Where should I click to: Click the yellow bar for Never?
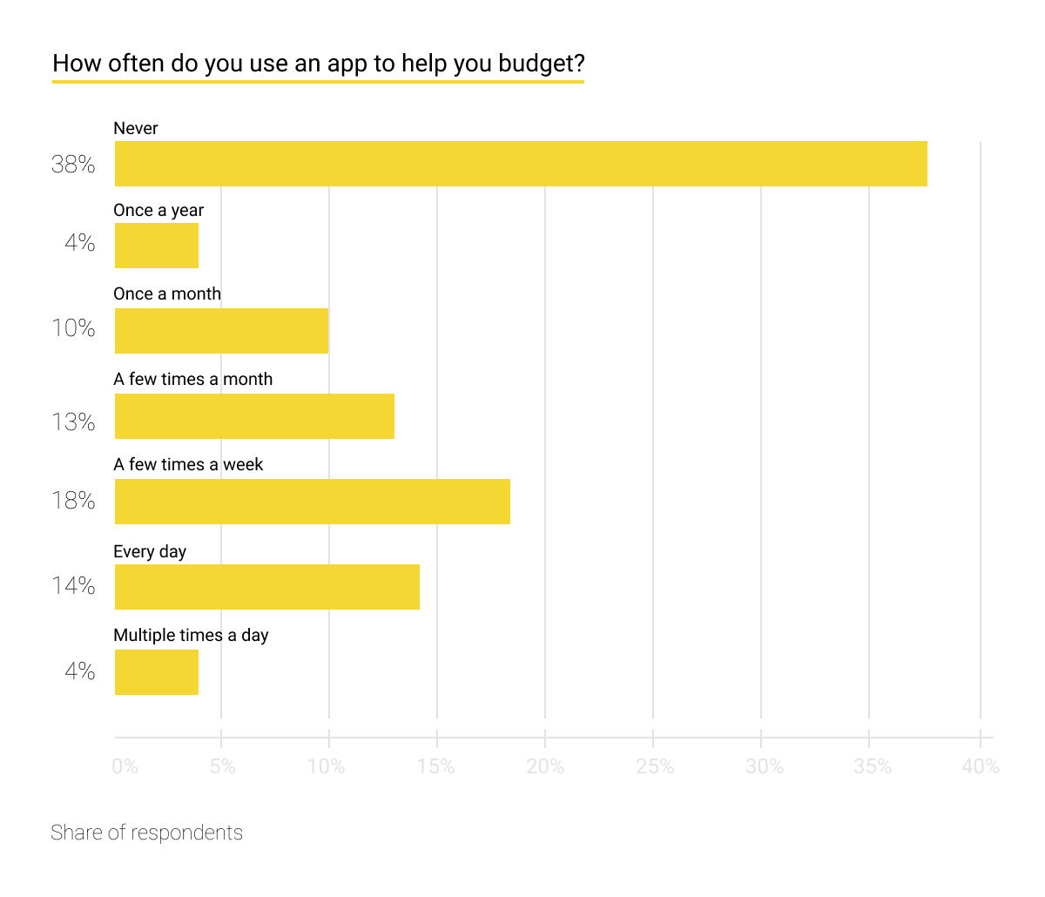click(521, 164)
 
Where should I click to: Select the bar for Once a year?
click(157, 246)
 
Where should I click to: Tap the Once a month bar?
click(221, 331)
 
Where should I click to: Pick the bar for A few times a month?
click(254, 416)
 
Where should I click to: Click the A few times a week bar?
click(312, 502)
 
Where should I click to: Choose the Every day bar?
click(266, 587)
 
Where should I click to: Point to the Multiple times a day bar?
click(157, 672)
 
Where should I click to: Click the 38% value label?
click(73, 164)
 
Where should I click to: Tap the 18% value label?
click(73, 501)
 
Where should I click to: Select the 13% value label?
click(73, 422)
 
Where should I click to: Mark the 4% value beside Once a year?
click(79, 243)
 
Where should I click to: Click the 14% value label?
click(73, 585)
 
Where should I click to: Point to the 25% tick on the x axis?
click(655, 766)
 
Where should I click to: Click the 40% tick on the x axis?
click(981, 766)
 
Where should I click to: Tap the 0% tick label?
click(125, 766)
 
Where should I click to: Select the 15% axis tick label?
click(435, 766)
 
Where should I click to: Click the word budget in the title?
click(540, 64)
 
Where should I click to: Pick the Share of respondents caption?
click(146, 833)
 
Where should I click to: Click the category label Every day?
click(150, 551)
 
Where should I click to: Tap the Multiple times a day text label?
click(191, 635)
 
